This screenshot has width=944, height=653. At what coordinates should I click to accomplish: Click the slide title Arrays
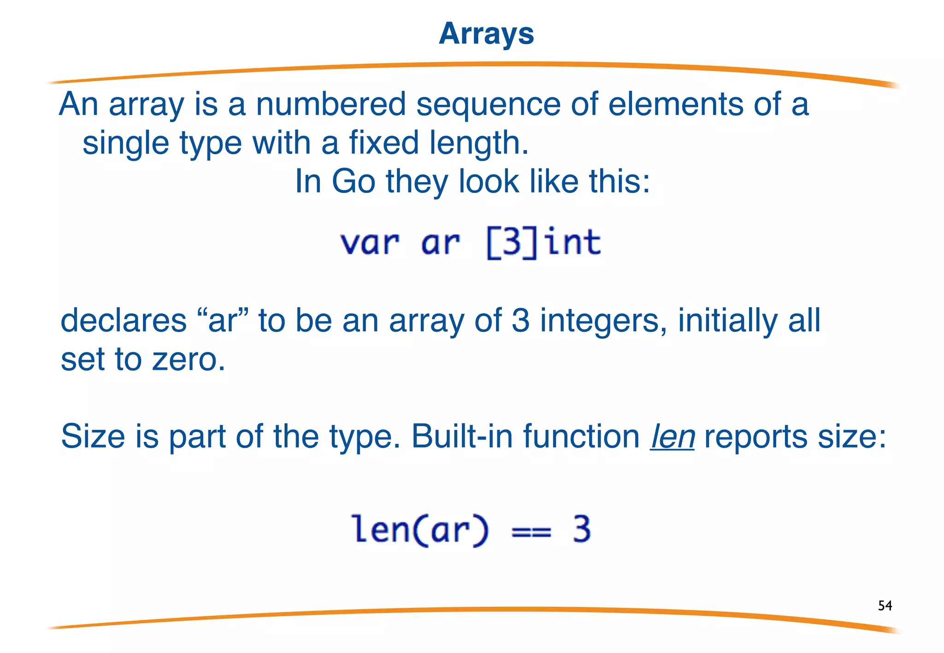tap(486, 34)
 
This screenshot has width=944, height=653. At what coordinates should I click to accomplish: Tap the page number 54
tap(885, 605)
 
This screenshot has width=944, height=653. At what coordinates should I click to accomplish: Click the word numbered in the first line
tap(330, 104)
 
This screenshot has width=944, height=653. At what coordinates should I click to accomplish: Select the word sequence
tap(488, 105)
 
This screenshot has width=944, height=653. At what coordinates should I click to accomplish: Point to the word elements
tap(675, 104)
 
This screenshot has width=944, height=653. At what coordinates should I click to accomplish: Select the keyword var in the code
tap(370, 243)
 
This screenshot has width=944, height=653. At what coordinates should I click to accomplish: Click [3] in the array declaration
tap(512, 243)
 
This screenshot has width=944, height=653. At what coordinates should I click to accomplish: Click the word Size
tap(93, 436)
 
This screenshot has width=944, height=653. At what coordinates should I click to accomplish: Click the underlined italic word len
tap(672, 436)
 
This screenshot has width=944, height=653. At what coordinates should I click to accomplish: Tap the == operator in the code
tap(531, 531)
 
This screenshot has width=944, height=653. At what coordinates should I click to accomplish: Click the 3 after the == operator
tap(582, 530)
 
